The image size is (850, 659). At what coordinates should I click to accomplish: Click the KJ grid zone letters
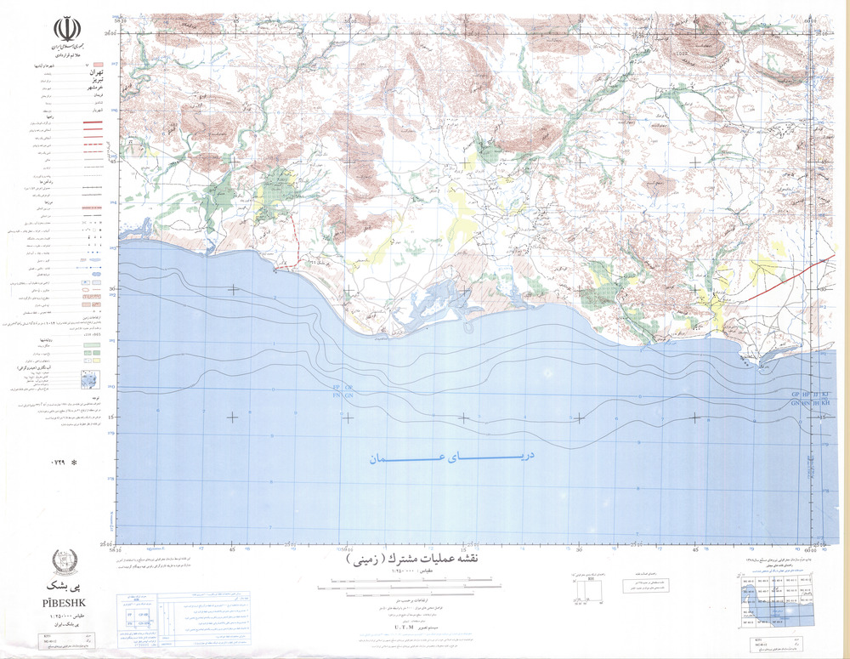pyautogui.click(x=823, y=395)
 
